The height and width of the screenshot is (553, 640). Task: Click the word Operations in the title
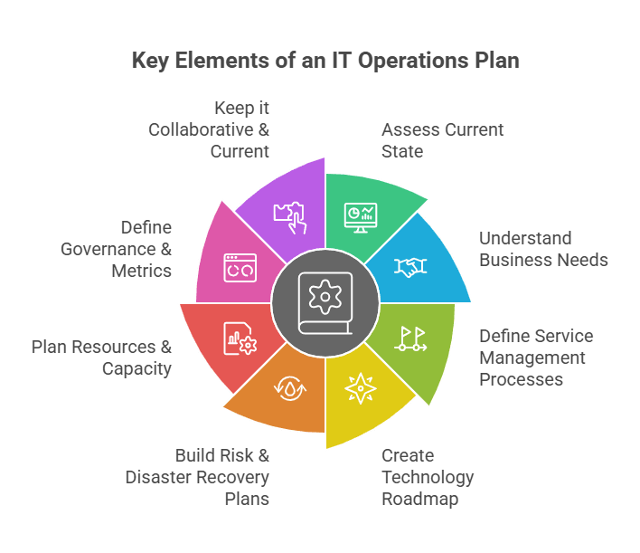(x=413, y=61)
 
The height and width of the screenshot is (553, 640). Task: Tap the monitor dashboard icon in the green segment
(x=361, y=217)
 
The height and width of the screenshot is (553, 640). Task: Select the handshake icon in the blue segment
(x=410, y=267)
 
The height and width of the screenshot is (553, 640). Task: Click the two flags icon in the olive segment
(x=410, y=338)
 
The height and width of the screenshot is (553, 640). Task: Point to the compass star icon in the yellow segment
(x=361, y=388)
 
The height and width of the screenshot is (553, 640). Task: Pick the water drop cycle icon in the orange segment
(x=290, y=388)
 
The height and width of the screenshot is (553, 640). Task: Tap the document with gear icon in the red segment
(x=240, y=338)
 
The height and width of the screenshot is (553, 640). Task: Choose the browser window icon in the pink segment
(x=240, y=268)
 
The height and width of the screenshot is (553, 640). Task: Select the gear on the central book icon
(x=325, y=297)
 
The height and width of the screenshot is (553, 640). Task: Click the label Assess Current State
(x=442, y=140)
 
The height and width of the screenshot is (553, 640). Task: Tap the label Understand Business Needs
(x=543, y=249)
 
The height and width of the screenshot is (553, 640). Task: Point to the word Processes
(x=521, y=379)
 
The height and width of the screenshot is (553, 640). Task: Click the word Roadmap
(x=420, y=499)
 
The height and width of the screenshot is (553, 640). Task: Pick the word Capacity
(x=136, y=369)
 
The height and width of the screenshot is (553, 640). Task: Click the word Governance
(x=108, y=249)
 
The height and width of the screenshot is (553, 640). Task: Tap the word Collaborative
(x=201, y=130)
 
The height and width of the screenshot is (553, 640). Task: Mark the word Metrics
(x=141, y=271)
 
